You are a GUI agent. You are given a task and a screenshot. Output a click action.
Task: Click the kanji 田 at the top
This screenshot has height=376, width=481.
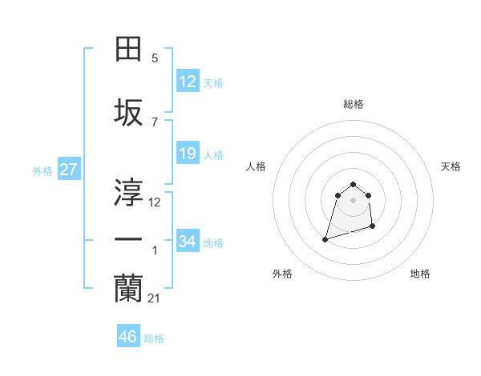point(128,50)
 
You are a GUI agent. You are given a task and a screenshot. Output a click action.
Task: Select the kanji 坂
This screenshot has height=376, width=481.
point(128,112)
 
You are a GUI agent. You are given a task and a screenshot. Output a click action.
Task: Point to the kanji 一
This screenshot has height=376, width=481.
point(128,240)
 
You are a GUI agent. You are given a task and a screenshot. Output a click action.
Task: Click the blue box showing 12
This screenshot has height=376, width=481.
point(188,82)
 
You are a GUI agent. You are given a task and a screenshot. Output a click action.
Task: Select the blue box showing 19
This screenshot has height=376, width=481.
point(188,154)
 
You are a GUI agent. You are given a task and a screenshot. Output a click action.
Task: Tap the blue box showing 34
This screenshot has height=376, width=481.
point(188,242)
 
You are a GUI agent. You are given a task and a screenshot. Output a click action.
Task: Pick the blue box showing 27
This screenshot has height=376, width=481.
point(69,170)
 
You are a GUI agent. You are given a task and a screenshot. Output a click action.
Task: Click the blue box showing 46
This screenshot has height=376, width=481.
point(128,337)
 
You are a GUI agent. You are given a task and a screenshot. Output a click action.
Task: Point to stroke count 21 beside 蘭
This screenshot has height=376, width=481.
point(155,298)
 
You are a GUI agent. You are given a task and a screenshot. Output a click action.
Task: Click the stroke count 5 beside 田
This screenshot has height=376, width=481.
point(155,58)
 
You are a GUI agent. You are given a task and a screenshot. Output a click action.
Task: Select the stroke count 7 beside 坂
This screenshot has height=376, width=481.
point(155,122)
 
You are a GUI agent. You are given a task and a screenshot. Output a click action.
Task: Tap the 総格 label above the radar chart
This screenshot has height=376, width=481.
point(353,104)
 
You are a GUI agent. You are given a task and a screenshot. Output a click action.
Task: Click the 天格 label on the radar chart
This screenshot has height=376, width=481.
point(451,166)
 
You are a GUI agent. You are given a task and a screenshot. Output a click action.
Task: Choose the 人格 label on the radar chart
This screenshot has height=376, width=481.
point(257,166)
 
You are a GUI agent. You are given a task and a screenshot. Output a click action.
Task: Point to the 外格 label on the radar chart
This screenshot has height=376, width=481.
point(282,274)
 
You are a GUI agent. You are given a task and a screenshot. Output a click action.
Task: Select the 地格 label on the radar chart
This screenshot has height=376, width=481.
point(420,274)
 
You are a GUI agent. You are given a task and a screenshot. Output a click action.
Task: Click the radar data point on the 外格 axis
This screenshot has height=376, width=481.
point(325,238)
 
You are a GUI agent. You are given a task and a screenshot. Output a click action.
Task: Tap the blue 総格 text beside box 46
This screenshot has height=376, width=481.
point(154,338)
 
